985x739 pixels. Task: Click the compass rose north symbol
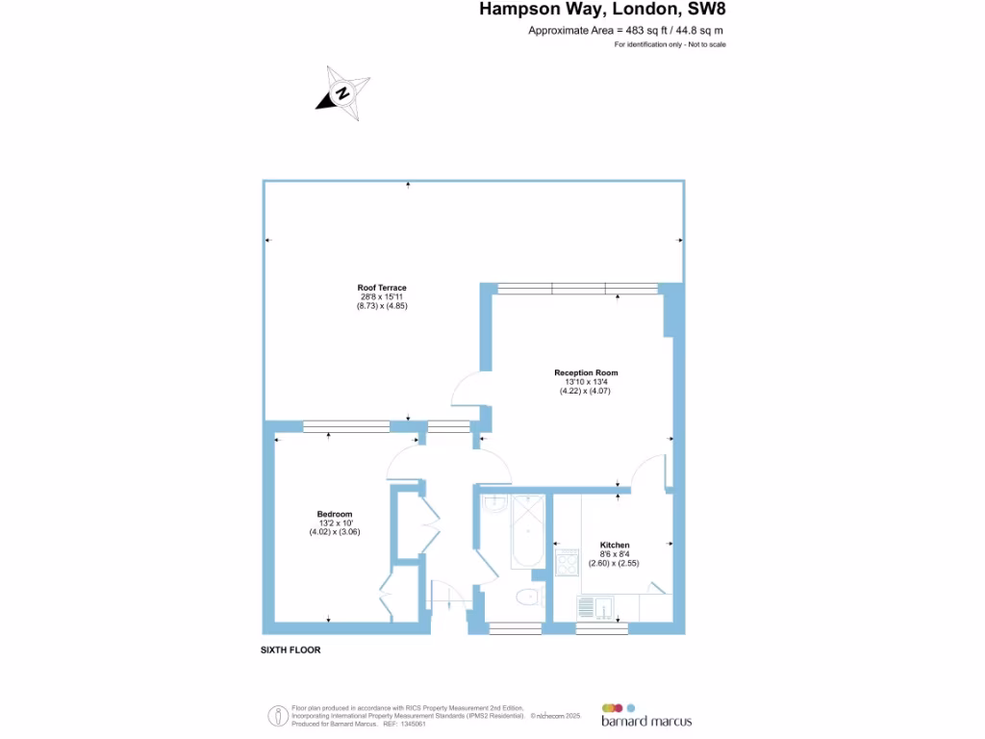tap(341, 93)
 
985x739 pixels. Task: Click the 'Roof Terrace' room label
tap(382, 288)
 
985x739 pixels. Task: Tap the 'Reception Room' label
tap(586, 372)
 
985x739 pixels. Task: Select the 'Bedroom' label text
tap(335, 514)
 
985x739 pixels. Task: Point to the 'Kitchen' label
tap(615, 545)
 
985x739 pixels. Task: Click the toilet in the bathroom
tap(526, 598)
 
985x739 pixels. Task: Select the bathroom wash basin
tap(494, 504)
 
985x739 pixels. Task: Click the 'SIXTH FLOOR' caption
tap(290, 650)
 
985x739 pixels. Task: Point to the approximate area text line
tap(625, 31)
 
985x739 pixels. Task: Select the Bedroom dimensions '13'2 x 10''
tap(335, 523)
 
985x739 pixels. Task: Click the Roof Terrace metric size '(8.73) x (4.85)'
tap(382, 306)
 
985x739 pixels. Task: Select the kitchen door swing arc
tap(652, 471)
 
